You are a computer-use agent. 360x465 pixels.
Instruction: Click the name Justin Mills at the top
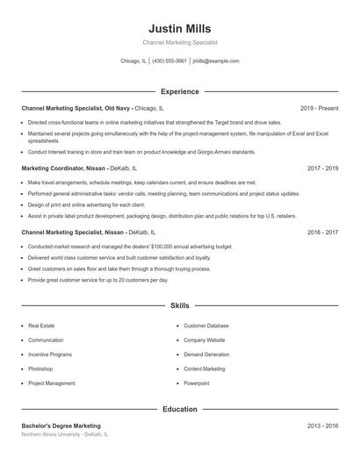point(179,28)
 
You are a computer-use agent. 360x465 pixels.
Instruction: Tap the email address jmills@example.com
point(216,61)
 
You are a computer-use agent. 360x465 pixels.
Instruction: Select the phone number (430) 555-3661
point(169,61)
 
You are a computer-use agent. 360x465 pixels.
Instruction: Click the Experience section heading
point(179,91)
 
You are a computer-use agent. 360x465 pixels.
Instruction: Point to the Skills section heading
point(179,306)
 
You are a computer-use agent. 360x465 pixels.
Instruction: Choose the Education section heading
point(179,409)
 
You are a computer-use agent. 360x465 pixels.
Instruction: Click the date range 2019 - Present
point(319,108)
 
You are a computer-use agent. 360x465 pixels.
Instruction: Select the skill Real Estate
point(41,325)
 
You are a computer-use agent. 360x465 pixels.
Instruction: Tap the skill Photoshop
point(41,369)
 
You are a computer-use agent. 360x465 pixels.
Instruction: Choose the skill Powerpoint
point(197,383)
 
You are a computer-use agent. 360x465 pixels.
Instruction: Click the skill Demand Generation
point(206,354)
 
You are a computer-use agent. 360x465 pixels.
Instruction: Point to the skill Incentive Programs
point(50,354)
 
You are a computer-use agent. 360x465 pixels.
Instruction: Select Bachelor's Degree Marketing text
point(61,426)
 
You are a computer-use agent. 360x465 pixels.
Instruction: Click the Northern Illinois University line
point(65,434)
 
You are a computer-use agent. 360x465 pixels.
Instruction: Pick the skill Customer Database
point(206,325)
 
